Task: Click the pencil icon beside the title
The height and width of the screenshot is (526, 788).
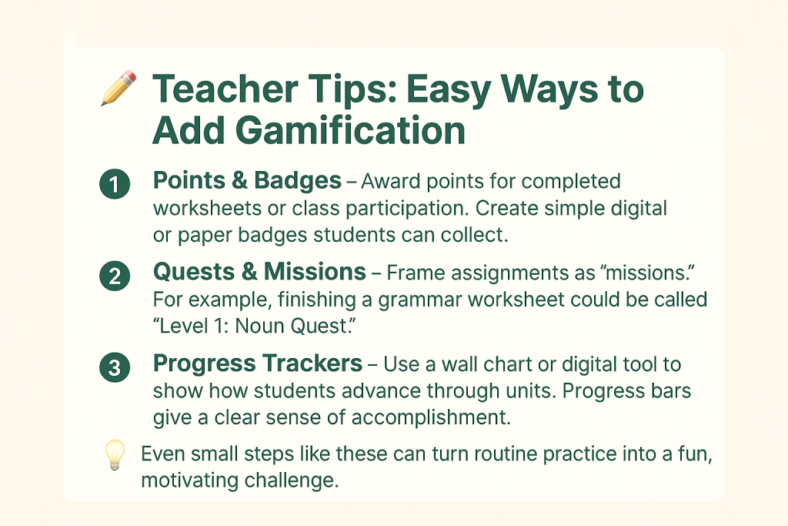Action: [119, 88]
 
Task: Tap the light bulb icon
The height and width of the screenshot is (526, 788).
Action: [115, 455]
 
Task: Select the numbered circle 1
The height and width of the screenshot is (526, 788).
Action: [115, 184]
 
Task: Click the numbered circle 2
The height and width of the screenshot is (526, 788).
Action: [115, 276]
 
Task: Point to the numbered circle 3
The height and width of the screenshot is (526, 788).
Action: [115, 367]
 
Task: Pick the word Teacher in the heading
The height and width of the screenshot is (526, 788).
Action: [225, 89]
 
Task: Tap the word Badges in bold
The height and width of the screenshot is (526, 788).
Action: [298, 181]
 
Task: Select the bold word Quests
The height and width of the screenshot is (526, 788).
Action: [194, 272]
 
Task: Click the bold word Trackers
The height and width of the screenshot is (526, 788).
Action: [312, 363]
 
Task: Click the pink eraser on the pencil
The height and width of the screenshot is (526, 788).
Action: [129, 77]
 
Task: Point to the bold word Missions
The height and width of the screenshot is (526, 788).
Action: [315, 272]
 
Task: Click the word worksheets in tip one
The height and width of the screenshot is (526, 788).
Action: [208, 208]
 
